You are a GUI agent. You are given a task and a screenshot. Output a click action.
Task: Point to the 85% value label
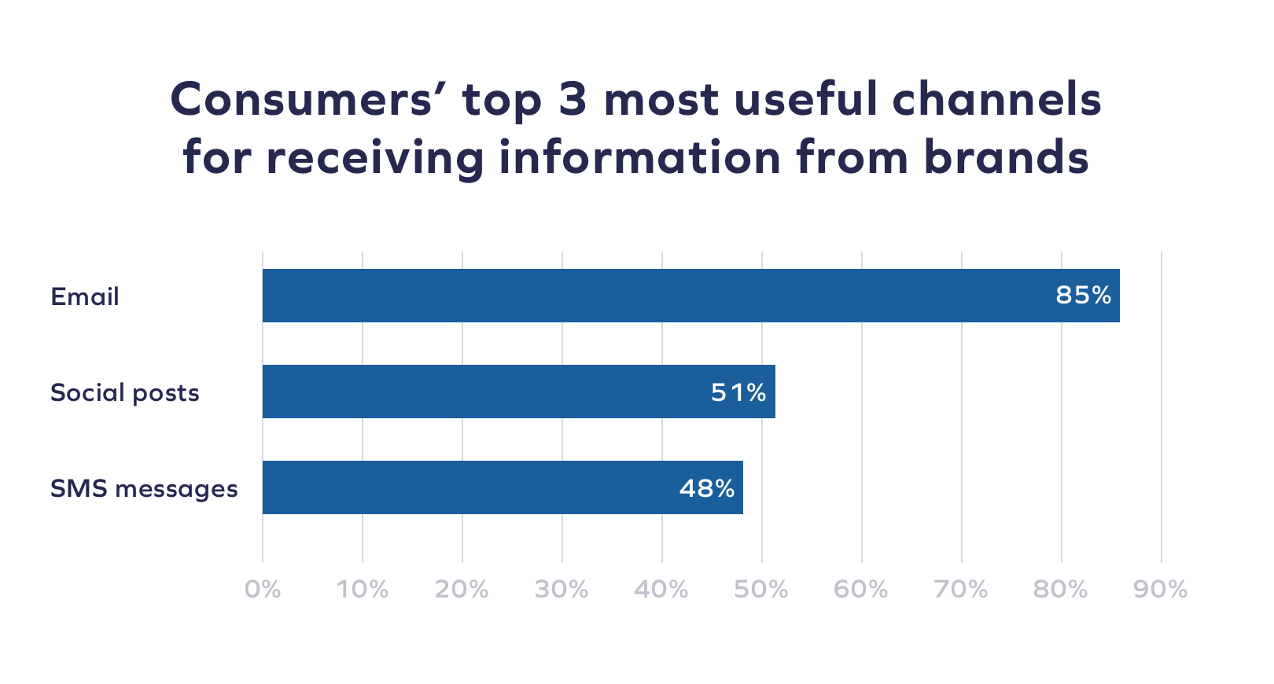[x=1083, y=296]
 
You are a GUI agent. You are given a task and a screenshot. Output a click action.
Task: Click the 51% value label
[x=738, y=392]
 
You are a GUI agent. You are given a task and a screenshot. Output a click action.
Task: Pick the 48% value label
[x=706, y=488]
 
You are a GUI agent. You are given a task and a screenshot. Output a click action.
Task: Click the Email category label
[x=85, y=297]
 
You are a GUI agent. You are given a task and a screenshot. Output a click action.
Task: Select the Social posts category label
[x=125, y=393]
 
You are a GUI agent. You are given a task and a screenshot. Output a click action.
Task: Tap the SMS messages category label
[x=144, y=489]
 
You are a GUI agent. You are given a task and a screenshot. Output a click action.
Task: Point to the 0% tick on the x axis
[x=263, y=589]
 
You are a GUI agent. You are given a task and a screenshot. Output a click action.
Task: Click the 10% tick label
[x=363, y=589]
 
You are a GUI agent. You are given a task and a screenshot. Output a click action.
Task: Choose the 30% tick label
[x=562, y=589]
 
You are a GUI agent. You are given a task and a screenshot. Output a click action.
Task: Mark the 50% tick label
[x=761, y=589]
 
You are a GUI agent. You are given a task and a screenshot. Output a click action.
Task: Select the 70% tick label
[x=961, y=589]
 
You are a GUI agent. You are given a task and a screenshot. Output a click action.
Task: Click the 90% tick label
[x=1161, y=589]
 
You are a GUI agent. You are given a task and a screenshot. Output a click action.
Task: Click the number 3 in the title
[x=573, y=101]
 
